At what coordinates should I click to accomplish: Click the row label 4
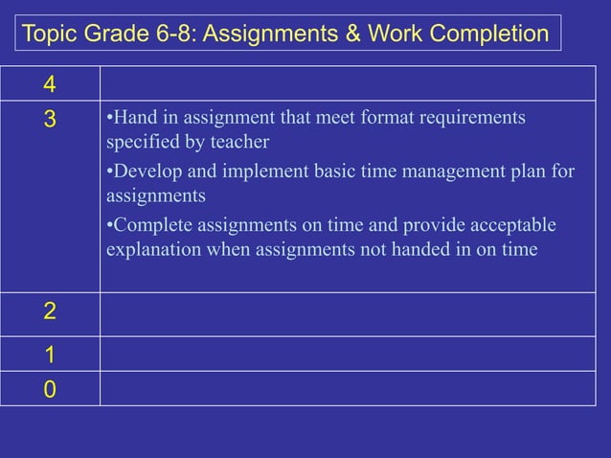tap(48, 85)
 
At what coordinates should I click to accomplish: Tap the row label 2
tap(49, 310)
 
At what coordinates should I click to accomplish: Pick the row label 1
tap(49, 355)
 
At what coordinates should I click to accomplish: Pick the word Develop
tap(143, 172)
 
